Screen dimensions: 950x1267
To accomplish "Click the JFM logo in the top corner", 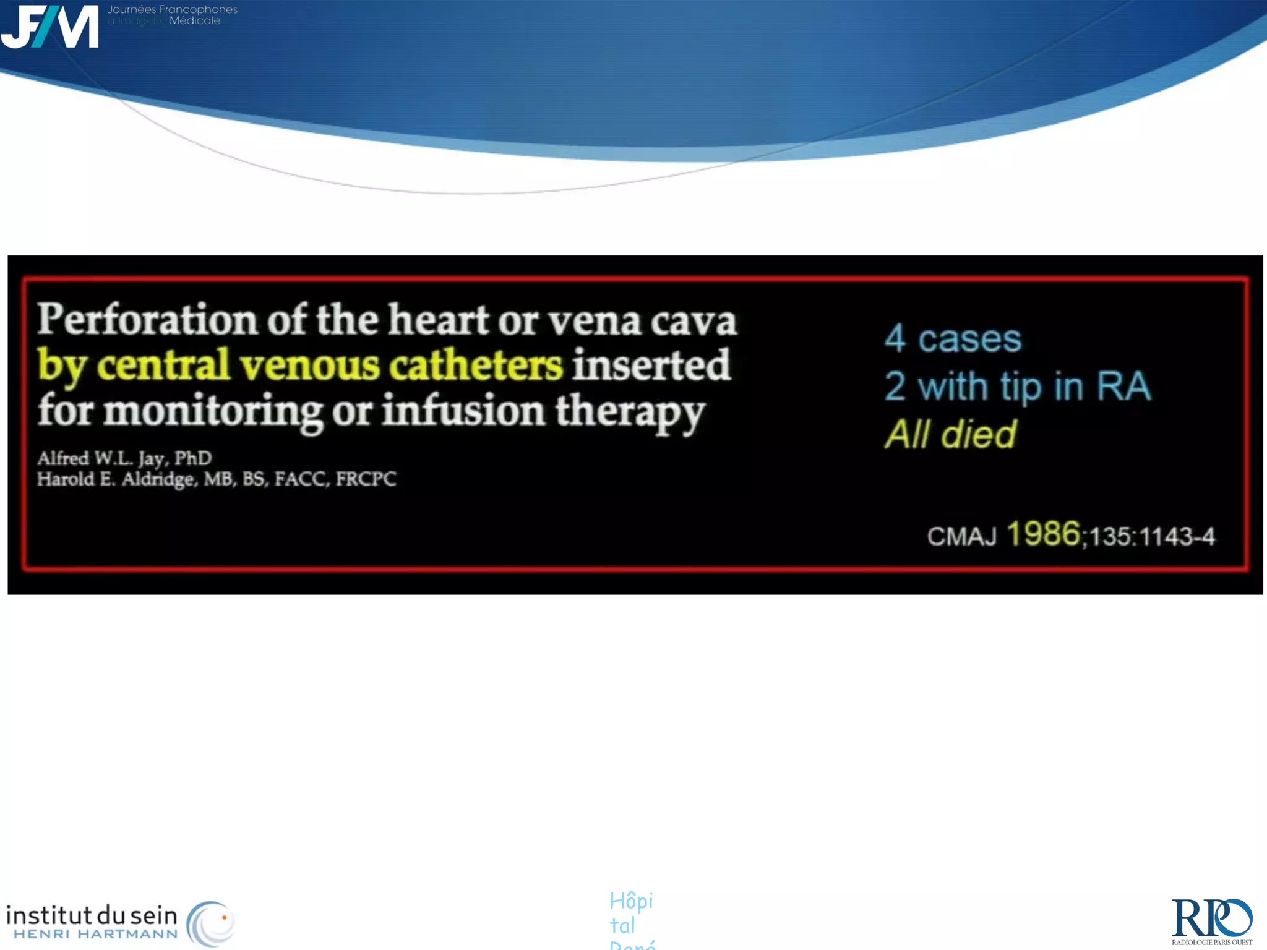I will coord(49,26).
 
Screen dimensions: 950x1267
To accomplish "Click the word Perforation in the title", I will coord(147,320).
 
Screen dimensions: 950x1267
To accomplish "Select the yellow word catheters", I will coord(476,365).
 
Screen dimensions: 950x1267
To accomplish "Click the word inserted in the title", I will coord(651,365).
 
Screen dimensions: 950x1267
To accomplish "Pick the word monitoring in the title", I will coord(213,411).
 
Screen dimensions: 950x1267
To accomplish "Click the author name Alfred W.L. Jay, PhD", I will coord(124,458).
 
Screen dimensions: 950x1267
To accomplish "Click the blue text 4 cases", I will coord(953,339).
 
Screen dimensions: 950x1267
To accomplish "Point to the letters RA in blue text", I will coord(1123,387).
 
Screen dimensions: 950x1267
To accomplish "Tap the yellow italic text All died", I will coord(950,434).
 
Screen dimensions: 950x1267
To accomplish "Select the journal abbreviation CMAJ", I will coord(961,536).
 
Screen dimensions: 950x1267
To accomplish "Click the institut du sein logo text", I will coord(92,915).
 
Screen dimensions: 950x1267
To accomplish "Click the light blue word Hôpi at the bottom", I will coord(631,901).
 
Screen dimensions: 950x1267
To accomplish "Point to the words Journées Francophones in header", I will coord(173,10).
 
